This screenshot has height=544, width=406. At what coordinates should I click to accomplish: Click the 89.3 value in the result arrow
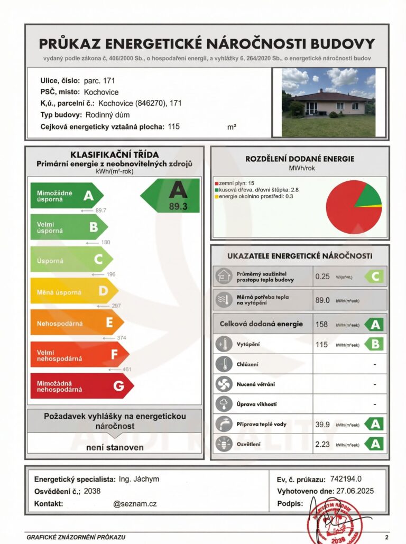pyautogui.click(x=178, y=207)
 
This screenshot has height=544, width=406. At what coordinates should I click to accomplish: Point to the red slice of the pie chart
pyautogui.click(x=346, y=211)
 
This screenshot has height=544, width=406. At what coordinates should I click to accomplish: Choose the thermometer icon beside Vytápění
pyautogui.click(x=222, y=345)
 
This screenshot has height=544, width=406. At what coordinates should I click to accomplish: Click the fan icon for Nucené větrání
pyautogui.click(x=222, y=384)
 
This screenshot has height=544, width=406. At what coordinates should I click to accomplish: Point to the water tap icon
pyautogui.click(x=222, y=423)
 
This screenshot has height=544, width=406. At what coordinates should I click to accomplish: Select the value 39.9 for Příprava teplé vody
pyautogui.click(x=322, y=423)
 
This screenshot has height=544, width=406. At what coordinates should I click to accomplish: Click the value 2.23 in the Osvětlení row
pyautogui.click(x=322, y=445)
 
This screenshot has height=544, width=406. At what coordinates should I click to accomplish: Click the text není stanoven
pyautogui.click(x=115, y=447)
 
